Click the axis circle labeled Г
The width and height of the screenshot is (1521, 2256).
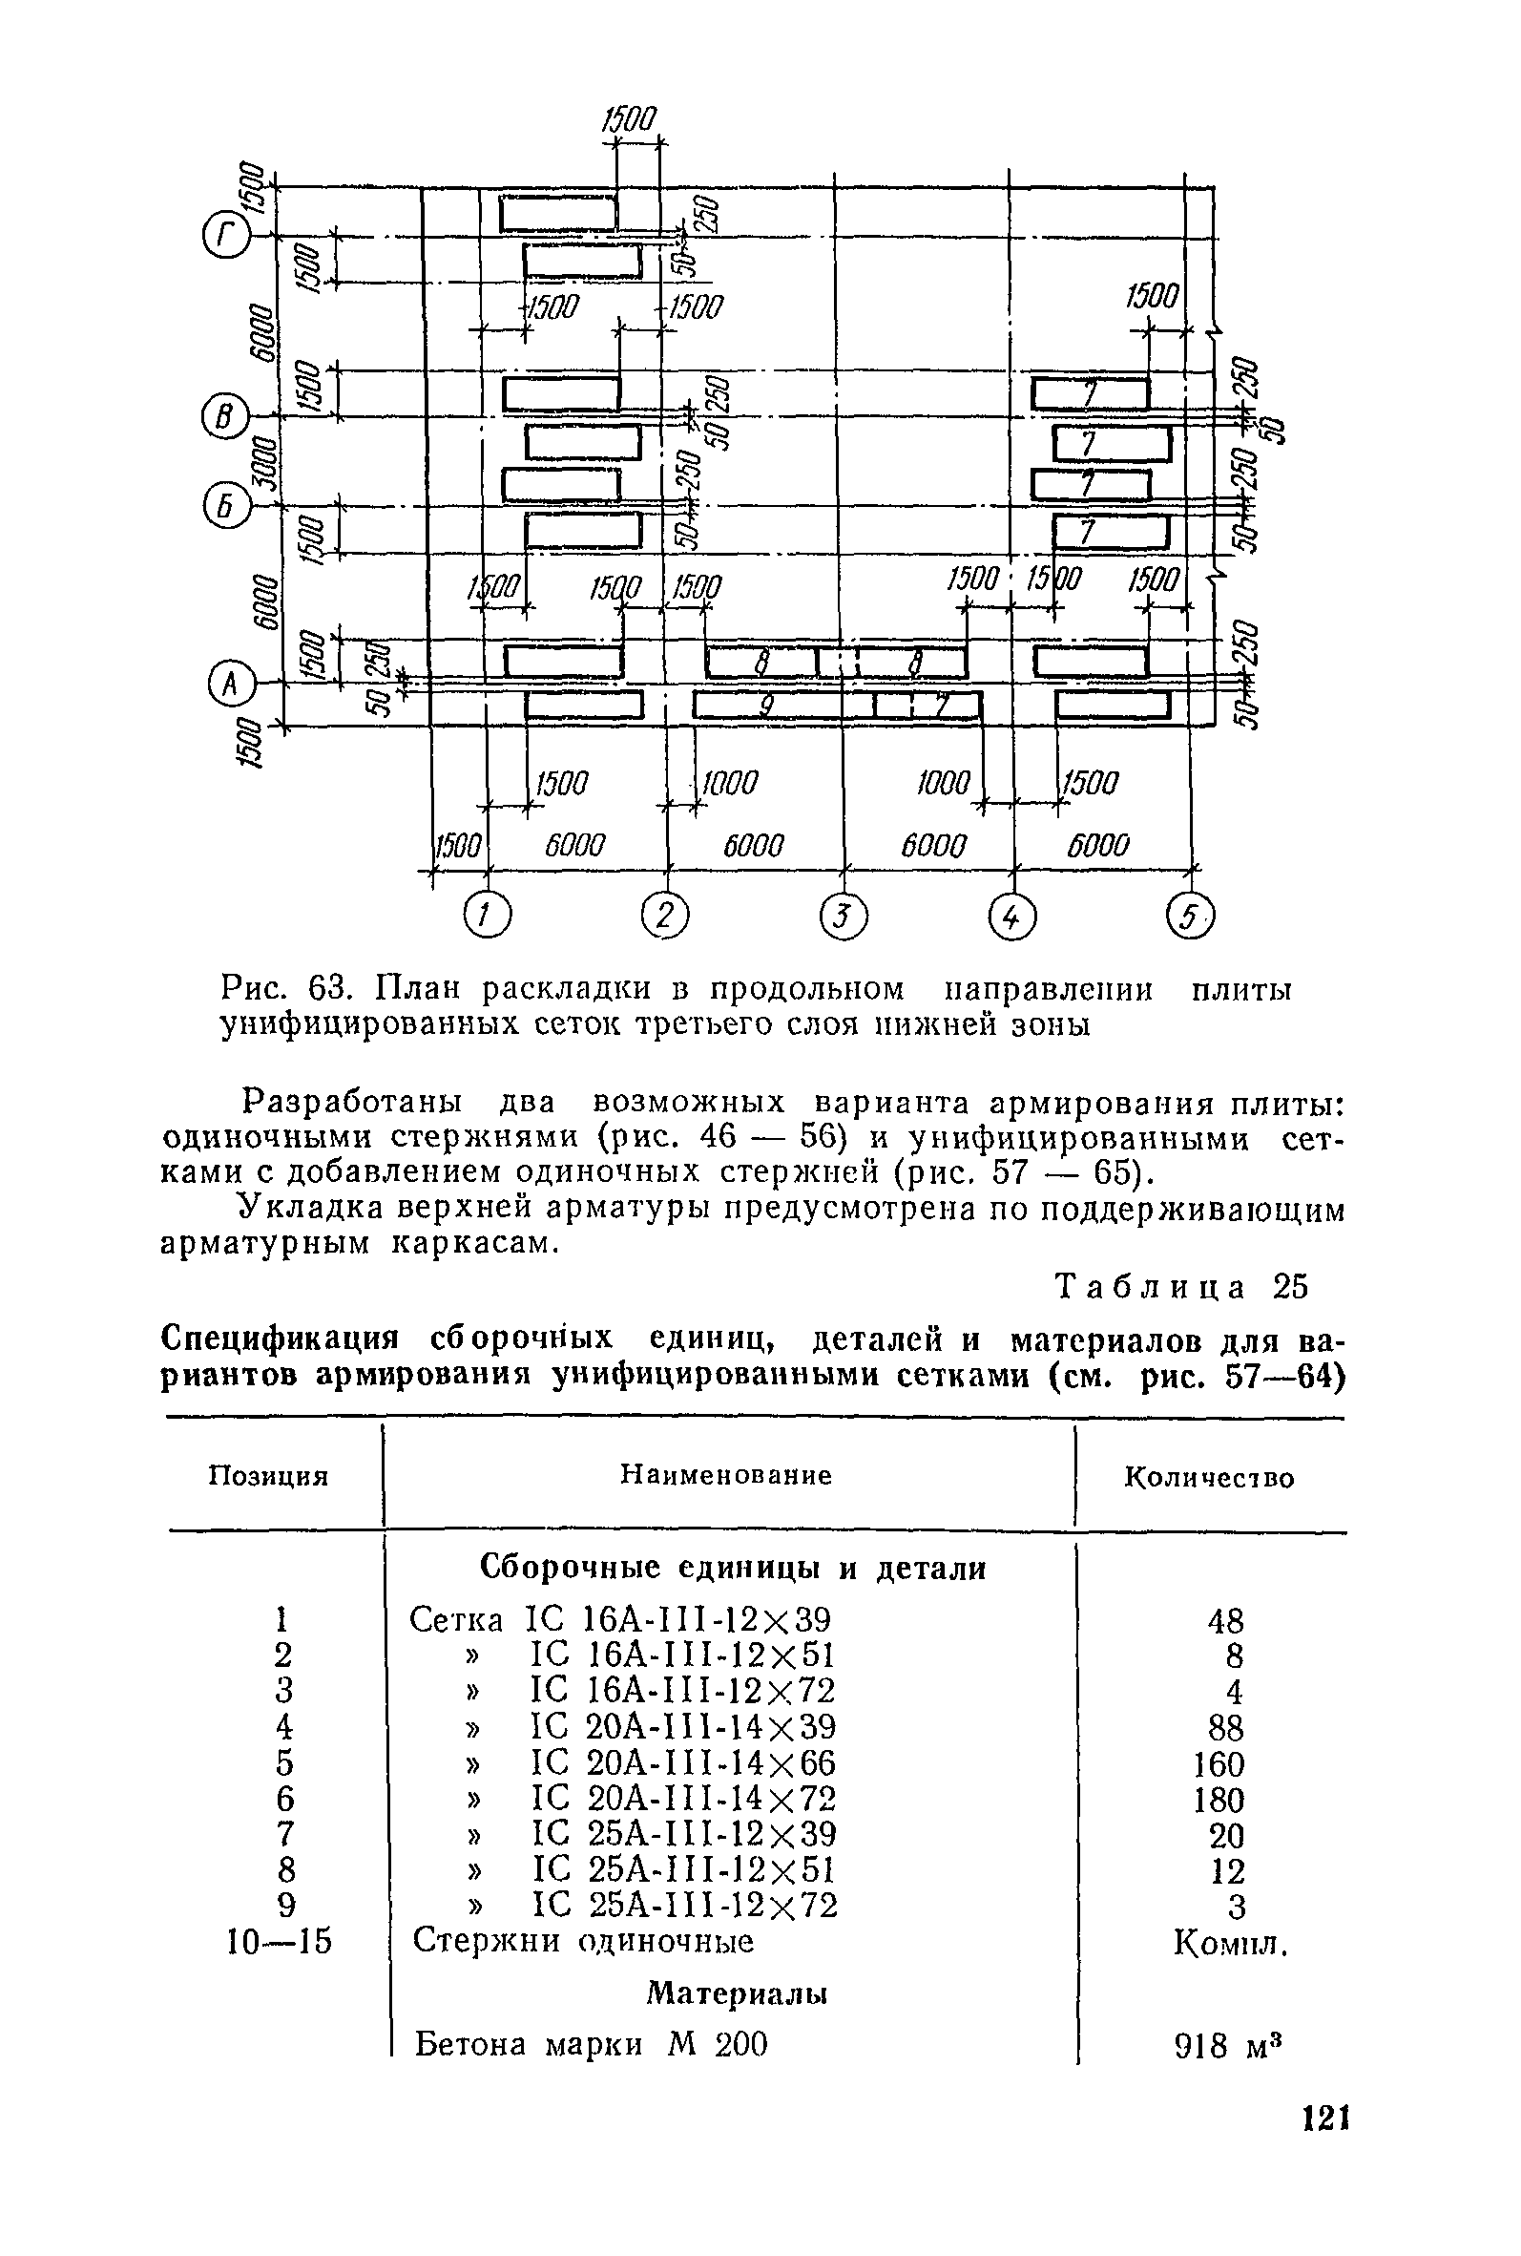pyautogui.click(x=225, y=236)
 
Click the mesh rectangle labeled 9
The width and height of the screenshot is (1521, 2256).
pyautogui.click(x=781, y=706)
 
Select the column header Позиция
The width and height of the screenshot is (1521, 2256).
pyautogui.click(x=270, y=1476)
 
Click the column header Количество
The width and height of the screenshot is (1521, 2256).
pyautogui.click(x=1209, y=1478)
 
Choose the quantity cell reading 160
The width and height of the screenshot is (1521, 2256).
pyautogui.click(x=1219, y=1763)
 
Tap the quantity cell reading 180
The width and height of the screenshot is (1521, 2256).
pyautogui.click(x=1219, y=1800)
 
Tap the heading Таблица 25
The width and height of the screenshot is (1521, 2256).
pyautogui.click(x=1181, y=1287)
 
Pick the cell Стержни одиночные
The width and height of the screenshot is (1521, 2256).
pyautogui.click(x=583, y=1942)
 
